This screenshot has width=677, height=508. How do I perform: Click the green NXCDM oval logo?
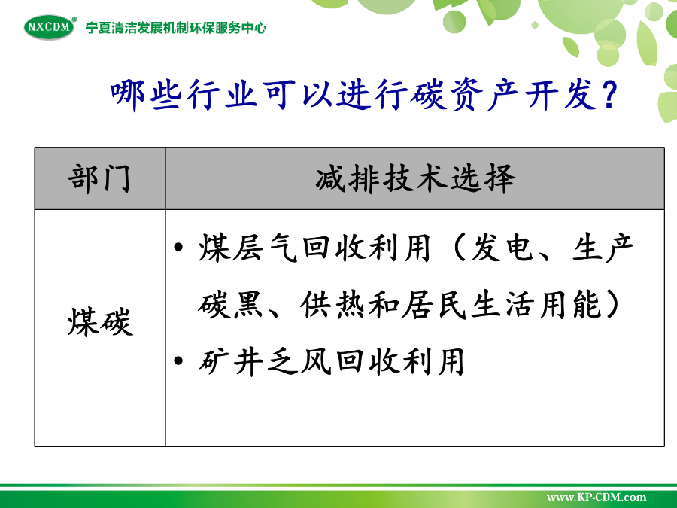click(49, 27)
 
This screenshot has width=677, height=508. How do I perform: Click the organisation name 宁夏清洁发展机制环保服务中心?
click(176, 28)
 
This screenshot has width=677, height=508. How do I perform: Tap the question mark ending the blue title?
click(609, 95)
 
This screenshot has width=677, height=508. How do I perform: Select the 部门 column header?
click(99, 178)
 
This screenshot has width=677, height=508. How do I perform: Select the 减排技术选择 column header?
click(415, 178)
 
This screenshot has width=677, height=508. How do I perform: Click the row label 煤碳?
click(100, 322)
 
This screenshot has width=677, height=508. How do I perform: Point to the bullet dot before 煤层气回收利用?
click(178, 248)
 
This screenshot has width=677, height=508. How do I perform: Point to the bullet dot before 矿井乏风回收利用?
click(178, 360)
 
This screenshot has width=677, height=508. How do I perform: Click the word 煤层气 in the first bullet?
click(247, 248)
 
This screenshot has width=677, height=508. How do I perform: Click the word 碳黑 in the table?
click(231, 305)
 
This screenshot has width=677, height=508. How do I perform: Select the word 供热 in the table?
click(333, 305)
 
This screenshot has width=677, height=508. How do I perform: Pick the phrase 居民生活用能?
click(501, 305)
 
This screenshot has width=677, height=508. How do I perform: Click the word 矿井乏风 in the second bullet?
click(264, 360)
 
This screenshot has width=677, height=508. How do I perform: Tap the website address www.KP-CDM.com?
click(597, 497)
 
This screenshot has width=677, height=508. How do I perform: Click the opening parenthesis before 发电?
click(459, 248)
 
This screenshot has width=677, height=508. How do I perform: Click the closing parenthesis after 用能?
click(612, 305)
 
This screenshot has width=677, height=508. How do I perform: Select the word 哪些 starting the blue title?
click(145, 95)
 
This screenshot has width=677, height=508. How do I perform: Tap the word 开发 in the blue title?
click(560, 95)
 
